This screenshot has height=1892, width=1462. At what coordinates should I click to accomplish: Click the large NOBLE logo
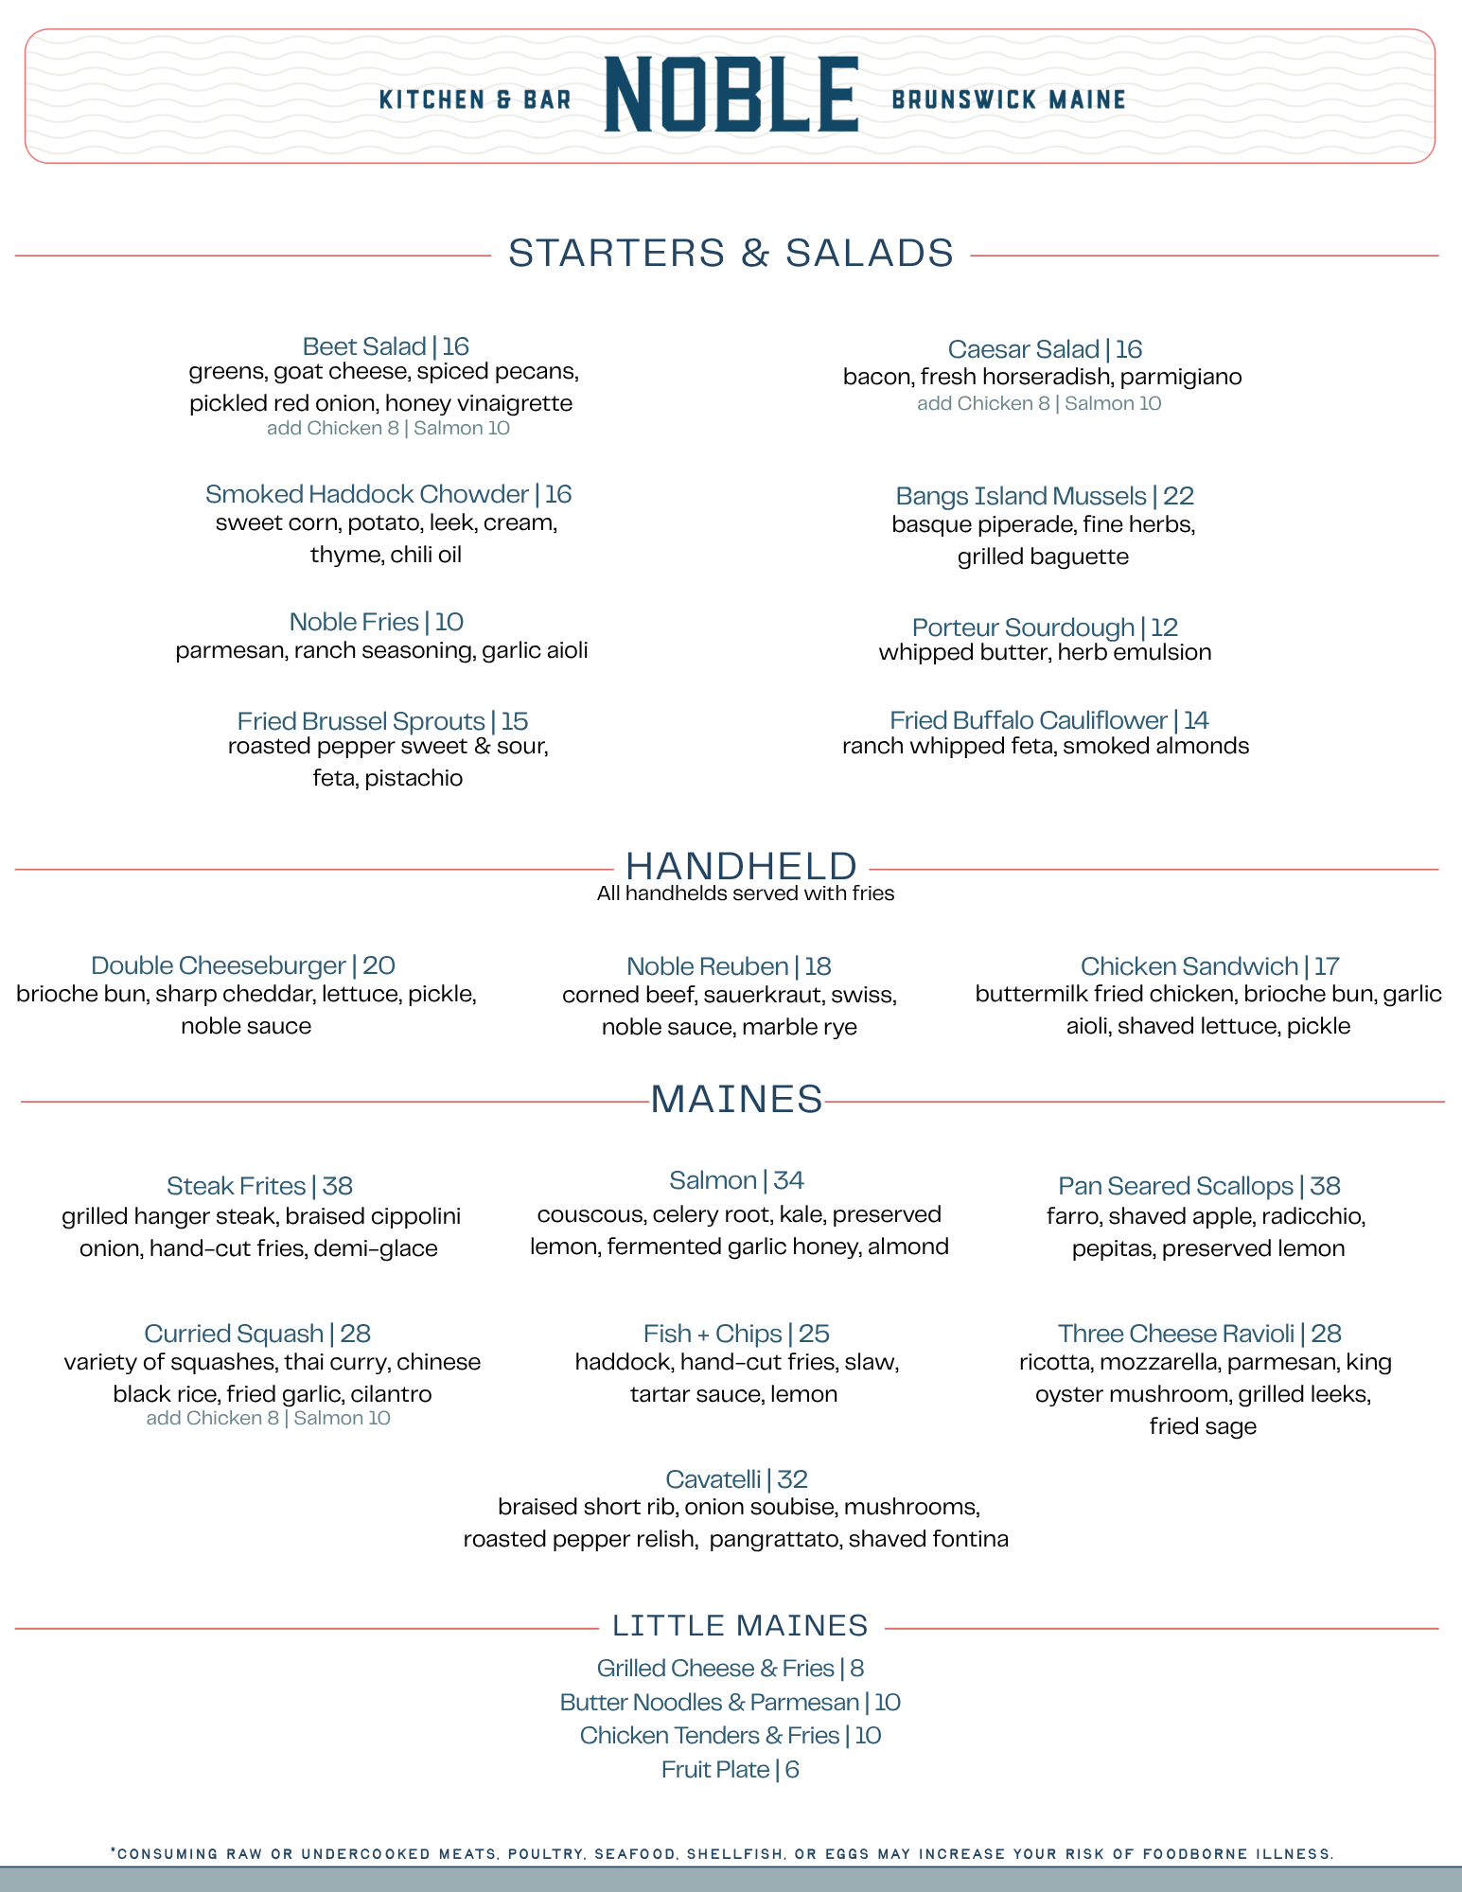click(731, 95)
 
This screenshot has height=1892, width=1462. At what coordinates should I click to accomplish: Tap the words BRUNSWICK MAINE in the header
click(1008, 100)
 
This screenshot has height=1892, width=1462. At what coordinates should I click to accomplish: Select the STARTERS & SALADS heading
click(731, 254)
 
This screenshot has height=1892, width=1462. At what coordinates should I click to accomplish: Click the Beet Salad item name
click(363, 346)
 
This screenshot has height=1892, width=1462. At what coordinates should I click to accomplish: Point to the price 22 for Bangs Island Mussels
click(1178, 496)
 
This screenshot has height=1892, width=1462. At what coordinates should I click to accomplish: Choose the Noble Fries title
click(353, 622)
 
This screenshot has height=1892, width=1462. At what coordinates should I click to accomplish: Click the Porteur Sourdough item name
click(1022, 628)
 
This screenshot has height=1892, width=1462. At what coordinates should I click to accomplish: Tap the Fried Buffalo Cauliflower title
click(1028, 720)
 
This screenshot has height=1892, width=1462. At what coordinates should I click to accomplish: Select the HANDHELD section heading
click(741, 866)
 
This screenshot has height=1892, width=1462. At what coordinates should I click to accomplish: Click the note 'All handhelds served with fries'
click(745, 893)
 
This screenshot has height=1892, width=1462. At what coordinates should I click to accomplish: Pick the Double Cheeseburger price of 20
click(379, 965)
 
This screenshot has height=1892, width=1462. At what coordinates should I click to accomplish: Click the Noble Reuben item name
click(707, 966)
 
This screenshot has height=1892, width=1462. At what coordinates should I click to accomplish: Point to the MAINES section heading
click(736, 1099)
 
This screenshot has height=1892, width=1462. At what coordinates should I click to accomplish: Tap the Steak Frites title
click(236, 1186)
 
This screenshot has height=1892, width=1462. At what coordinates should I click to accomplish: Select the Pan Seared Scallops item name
click(1174, 1186)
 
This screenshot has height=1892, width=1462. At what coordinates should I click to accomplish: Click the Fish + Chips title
click(712, 1334)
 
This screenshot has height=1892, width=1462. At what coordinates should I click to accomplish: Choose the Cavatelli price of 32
click(792, 1479)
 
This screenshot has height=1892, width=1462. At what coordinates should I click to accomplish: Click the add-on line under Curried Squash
click(268, 1418)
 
